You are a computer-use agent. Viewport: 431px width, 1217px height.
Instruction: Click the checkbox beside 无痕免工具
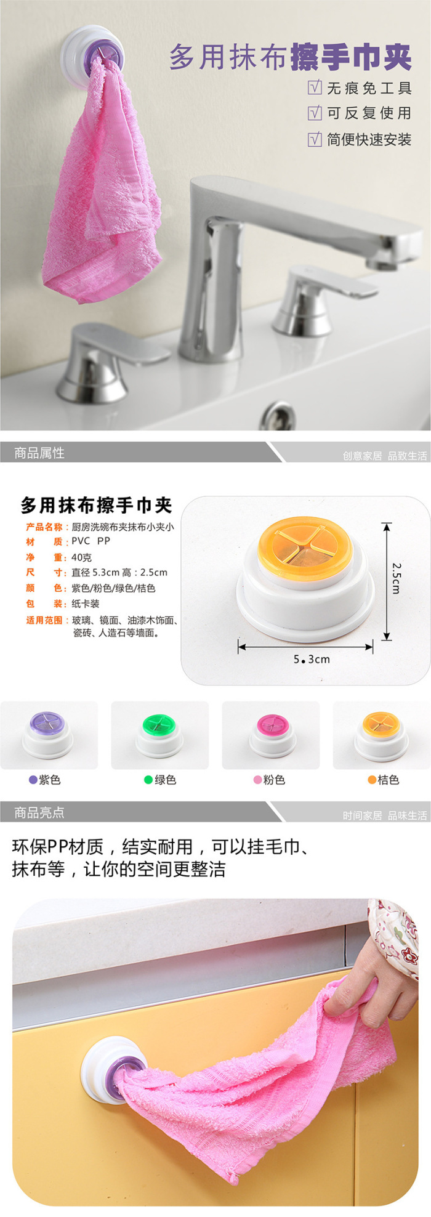[x=315, y=87]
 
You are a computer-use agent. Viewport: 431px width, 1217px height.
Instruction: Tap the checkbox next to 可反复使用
[x=315, y=113]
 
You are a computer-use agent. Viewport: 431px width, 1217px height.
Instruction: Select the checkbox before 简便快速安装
[x=315, y=139]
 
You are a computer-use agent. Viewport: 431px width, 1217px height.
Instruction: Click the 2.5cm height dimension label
[x=397, y=578]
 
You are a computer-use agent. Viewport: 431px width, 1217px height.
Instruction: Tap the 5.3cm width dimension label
[x=312, y=659]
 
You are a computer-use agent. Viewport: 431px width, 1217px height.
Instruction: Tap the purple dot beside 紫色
[x=33, y=780]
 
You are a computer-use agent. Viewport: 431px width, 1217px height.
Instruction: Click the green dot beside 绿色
[x=148, y=780]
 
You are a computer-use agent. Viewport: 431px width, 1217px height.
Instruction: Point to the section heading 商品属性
[x=39, y=453]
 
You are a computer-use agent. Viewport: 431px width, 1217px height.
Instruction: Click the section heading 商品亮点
[x=39, y=813]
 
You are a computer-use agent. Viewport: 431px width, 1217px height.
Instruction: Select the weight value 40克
[x=82, y=557]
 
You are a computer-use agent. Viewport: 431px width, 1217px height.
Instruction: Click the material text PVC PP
[x=91, y=541]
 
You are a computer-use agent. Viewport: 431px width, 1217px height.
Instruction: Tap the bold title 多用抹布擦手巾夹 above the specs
[x=97, y=506]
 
